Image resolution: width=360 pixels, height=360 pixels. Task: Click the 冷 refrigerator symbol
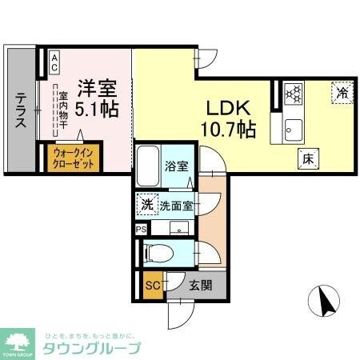(x=342, y=94)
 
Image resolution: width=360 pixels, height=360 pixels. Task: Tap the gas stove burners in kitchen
(x=292, y=94)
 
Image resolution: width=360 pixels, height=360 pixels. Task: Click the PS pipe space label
(x=141, y=229)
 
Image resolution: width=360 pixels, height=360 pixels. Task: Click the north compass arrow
(x=325, y=302)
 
